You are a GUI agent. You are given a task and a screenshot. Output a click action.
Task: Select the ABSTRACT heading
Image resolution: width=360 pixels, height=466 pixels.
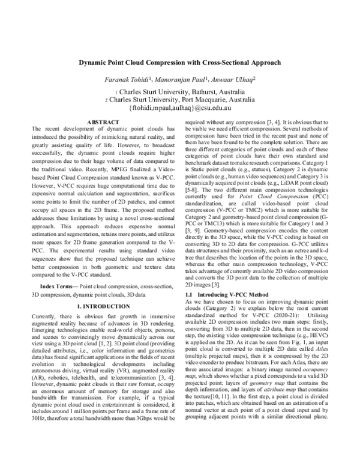point(103,122)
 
